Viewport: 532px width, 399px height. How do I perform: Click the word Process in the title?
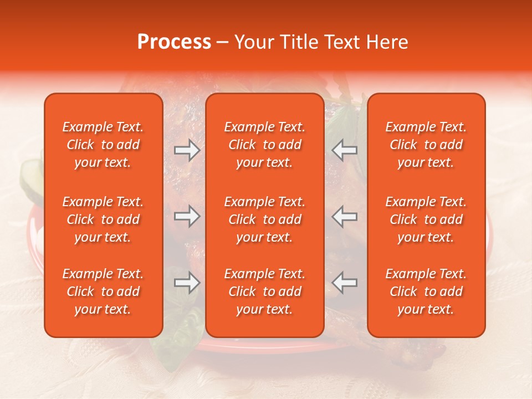(x=174, y=42)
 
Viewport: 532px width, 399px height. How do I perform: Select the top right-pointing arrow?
(x=187, y=150)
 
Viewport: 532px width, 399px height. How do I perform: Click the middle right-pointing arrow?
(x=187, y=216)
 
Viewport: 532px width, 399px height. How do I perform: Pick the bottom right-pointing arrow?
(x=187, y=283)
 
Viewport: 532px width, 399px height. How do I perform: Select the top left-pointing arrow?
(x=344, y=150)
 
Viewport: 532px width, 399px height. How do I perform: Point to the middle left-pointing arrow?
(x=344, y=216)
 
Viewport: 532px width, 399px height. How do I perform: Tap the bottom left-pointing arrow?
(x=344, y=283)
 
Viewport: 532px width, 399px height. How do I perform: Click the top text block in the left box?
(x=103, y=145)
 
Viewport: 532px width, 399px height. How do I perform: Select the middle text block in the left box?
(x=103, y=219)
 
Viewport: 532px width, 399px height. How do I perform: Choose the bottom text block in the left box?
(x=103, y=291)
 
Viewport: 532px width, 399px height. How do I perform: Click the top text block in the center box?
(x=264, y=145)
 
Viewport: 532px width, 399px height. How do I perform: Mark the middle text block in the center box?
(x=264, y=219)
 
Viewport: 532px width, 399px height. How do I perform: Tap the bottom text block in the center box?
(x=264, y=291)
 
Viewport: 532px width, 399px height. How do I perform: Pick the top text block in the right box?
(x=426, y=145)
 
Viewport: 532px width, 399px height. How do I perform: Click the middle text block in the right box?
(x=426, y=219)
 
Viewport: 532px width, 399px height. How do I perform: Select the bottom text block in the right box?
(x=426, y=291)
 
